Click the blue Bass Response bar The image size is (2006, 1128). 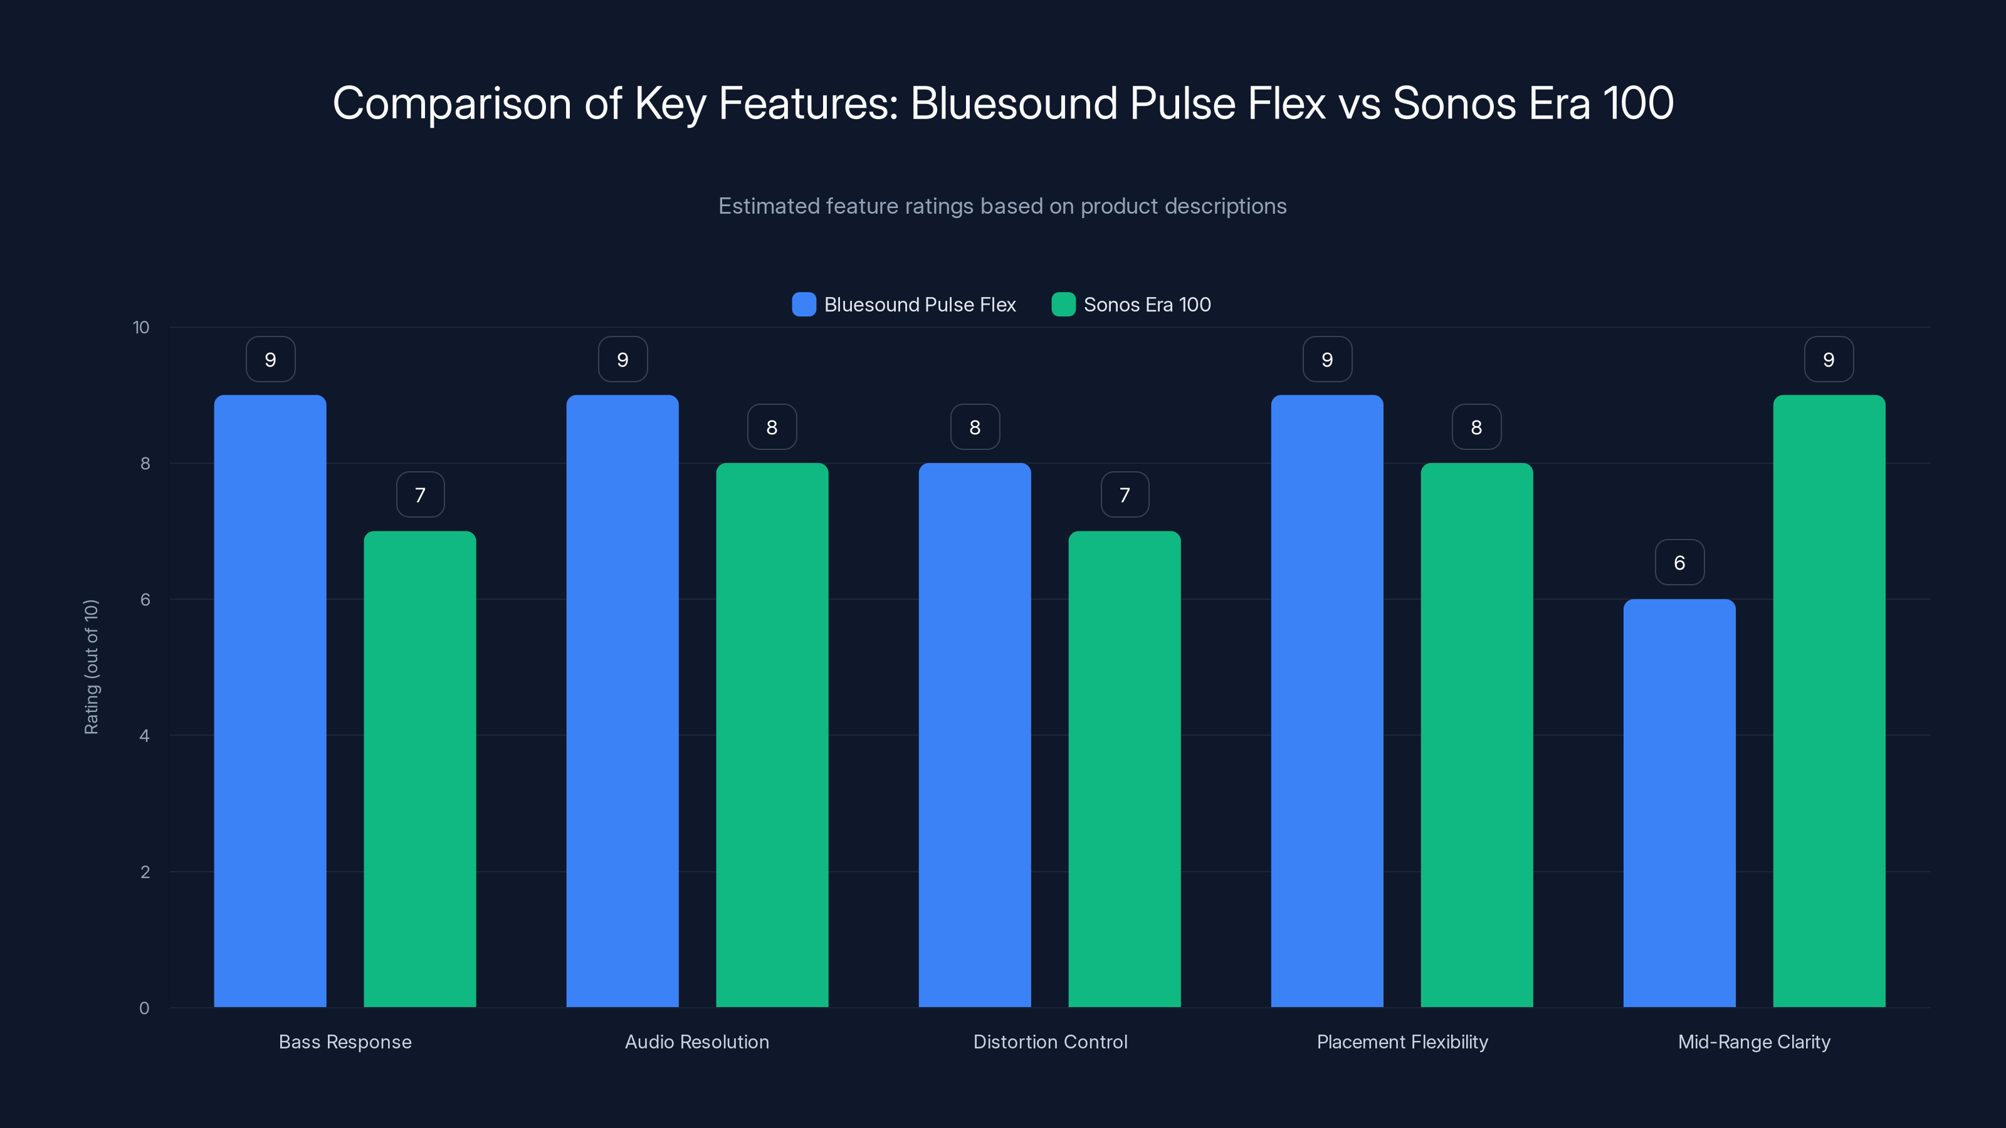tap(270, 701)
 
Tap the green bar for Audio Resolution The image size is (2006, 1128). tap(772, 735)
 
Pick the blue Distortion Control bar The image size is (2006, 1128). tap(974, 735)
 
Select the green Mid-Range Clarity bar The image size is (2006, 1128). tap(1829, 701)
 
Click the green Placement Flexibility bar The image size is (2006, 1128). tap(1476, 735)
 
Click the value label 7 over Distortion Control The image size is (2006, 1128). tap(1125, 494)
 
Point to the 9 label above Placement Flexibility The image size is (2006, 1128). tap(1327, 359)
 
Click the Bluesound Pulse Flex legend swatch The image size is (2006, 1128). tap(804, 305)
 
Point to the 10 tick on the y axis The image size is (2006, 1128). tap(141, 327)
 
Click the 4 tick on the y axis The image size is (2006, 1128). tap(144, 736)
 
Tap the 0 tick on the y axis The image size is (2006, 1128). tap(144, 1008)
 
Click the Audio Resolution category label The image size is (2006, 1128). tap(697, 1042)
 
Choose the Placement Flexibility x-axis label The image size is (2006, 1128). tap(1402, 1042)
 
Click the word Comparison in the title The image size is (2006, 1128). tap(451, 103)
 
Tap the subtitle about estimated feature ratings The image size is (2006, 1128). tap(1002, 206)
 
